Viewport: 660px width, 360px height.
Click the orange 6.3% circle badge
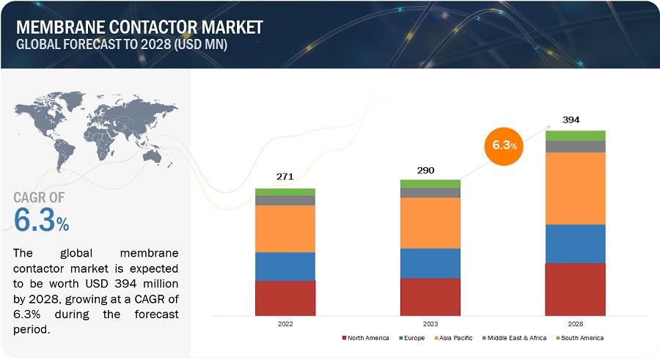coord(504,146)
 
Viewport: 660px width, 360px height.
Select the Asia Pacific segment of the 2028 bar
coord(575,188)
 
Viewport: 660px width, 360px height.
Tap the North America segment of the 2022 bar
coord(285,298)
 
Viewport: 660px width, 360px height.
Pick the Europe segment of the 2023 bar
coord(430,263)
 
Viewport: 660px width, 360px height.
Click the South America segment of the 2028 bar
coord(575,136)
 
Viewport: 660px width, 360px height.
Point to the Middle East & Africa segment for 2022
coord(285,200)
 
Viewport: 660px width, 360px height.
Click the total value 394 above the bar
coord(571,120)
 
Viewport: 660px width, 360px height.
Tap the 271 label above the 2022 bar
coord(285,177)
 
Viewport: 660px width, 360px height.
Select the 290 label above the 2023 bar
coord(425,171)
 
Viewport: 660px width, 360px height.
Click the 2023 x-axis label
coord(430,324)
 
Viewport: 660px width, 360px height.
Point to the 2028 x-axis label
coord(576,324)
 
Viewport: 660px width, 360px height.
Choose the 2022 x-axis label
coord(285,324)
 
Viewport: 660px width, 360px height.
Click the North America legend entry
coord(365,338)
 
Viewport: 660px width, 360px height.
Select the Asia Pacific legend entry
coord(453,338)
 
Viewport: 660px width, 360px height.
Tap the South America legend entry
coord(579,338)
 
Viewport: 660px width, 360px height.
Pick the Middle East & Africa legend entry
coord(514,338)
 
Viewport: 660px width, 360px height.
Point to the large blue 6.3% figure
coord(41,220)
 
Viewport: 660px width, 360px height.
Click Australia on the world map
coord(152,156)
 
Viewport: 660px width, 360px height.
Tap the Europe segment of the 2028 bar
coord(575,244)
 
